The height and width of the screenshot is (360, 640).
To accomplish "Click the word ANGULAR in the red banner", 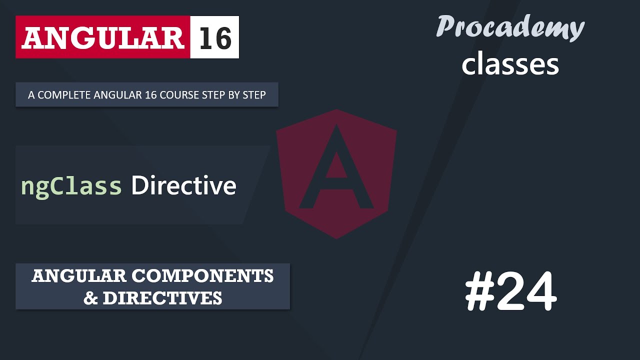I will point(102,37).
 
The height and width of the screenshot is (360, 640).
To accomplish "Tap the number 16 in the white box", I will point(215,37).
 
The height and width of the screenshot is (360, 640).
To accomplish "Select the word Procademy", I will point(510,27).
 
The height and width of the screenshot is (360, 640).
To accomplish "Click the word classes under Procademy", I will point(510,64).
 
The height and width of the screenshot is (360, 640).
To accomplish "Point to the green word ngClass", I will point(71,186).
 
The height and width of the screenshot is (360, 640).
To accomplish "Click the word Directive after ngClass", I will point(183,186).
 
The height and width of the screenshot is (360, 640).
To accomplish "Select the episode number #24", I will point(510,292).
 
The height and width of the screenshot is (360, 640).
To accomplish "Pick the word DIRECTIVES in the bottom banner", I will point(162,298).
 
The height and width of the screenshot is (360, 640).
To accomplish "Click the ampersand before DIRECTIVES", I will point(90,298).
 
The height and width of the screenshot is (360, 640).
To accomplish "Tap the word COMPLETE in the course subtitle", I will point(60,95).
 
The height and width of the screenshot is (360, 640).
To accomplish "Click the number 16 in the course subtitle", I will point(142,95).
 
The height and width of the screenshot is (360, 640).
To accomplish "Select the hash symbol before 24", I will point(479,292).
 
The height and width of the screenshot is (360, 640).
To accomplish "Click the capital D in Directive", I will point(139,186).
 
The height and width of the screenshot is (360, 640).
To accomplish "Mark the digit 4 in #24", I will point(540,292).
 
